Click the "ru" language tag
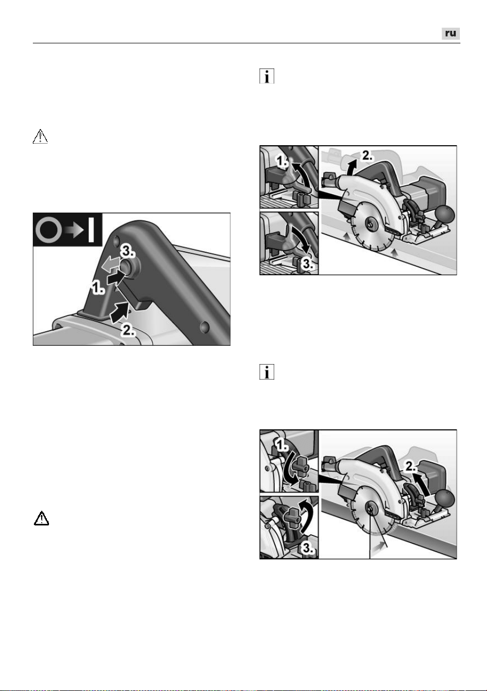click(x=451, y=33)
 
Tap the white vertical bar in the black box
click(x=91, y=230)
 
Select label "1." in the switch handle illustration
click(x=98, y=288)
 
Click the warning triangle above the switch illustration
click(x=40, y=137)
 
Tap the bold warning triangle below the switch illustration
click(x=41, y=518)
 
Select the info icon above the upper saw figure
click(x=266, y=76)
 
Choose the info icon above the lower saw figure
click(x=266, y=372)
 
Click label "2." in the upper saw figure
click(x=367, y=156)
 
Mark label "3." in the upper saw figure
click(x=308, y=264)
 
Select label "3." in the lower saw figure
click(x=308, y=547)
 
